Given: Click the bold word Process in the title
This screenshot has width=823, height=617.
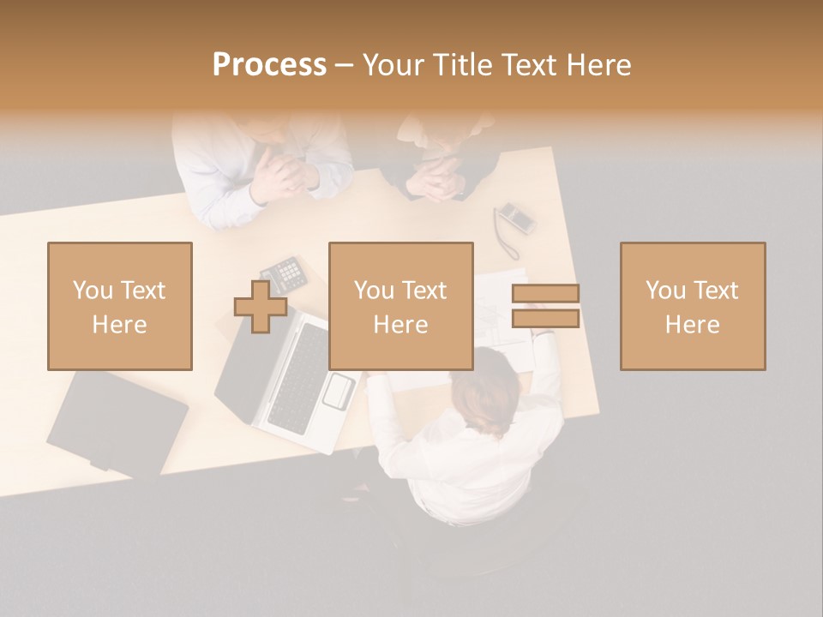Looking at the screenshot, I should (269, 65).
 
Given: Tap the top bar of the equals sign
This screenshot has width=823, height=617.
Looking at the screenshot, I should (545, 293).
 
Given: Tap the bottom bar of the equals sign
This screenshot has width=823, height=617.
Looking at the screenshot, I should (545, 319).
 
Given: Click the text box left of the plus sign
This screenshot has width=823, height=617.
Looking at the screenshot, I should (120, 306).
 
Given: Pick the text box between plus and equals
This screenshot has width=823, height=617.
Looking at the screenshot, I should (400, 306).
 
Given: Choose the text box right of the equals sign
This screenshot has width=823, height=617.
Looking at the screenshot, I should (692, 306).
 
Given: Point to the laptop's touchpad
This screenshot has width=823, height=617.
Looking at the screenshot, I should (339, 391).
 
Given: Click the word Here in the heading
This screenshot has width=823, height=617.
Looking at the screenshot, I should (598, 65).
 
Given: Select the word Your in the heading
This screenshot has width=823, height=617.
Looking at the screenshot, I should (394, 65).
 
